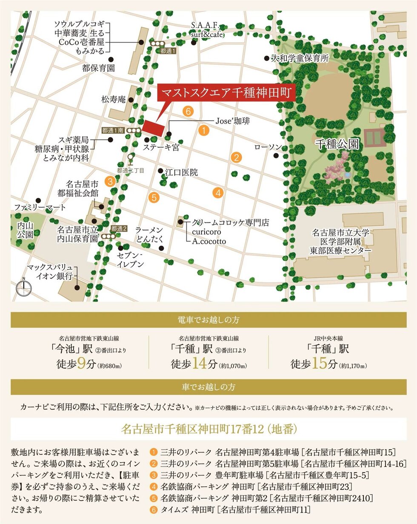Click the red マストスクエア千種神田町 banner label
click(226, 93)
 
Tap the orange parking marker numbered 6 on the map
click(188, 112)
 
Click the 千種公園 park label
click(337, 144)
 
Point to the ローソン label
click(268, 147)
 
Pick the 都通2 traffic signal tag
click(119, 228)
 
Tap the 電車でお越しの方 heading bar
click(208, 320)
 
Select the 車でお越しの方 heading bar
click(208, 387)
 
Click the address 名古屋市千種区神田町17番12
click(208, 429)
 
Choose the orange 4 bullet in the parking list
click(154, 486)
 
